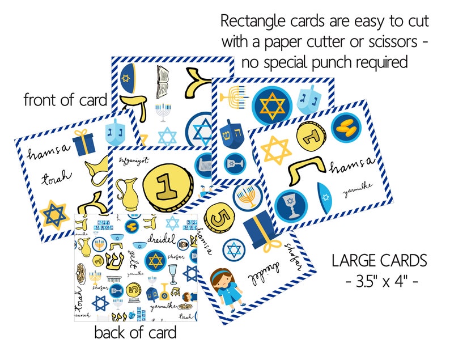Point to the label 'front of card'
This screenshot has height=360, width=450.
point(65,100)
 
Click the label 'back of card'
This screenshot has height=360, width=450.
point(135,332)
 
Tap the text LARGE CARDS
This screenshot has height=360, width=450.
point(379,261)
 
